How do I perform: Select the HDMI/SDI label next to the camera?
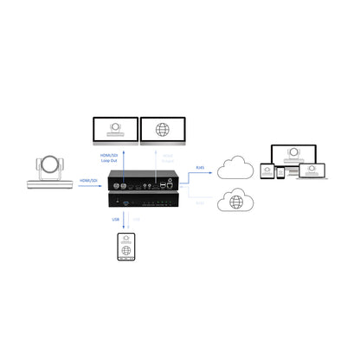(x=87, y=180)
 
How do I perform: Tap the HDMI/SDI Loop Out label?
(x=109, y=159)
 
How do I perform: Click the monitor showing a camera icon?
(x=113, y=131)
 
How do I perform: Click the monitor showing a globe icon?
(x=162, y=131)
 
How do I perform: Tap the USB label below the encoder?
(x=116, y=219)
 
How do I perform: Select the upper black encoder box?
(x=144, y=183)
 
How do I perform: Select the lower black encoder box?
(x=144, y=200)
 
